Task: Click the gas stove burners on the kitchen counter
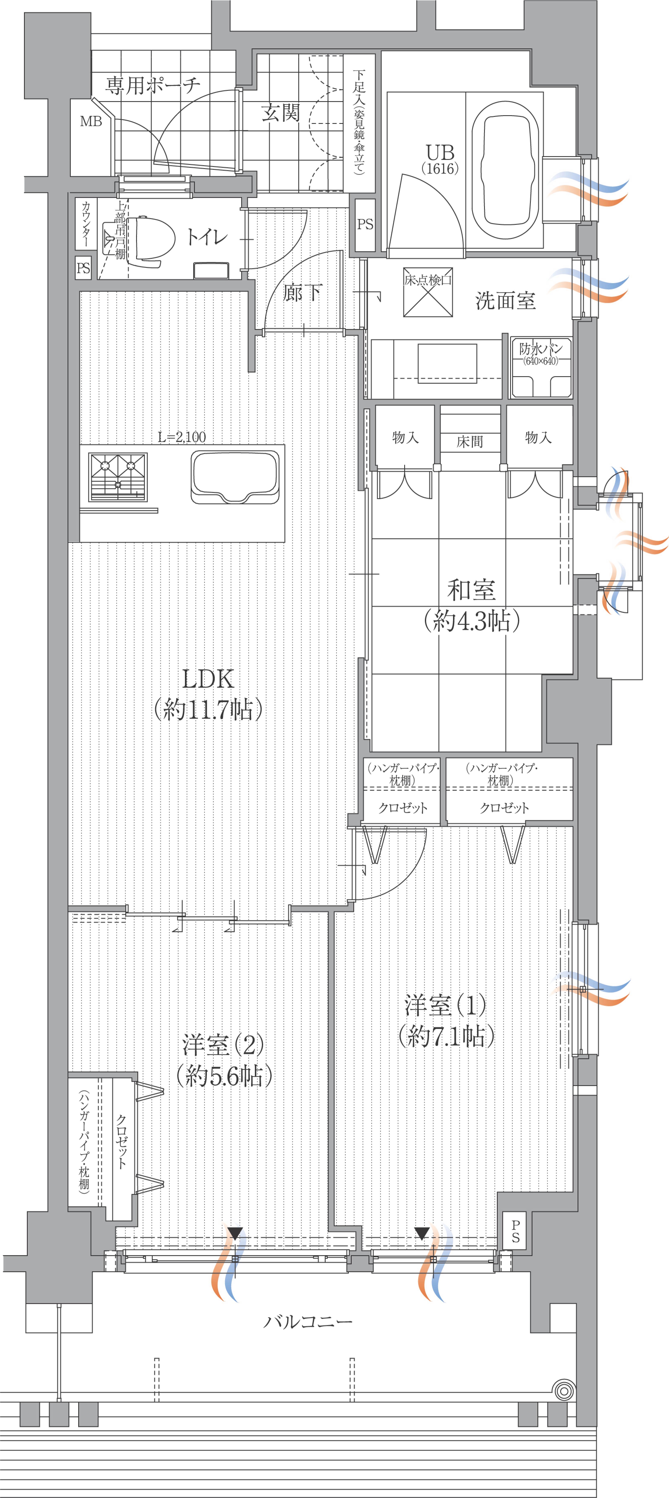click(117, 476)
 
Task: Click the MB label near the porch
click(91, 122)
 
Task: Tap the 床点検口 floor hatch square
click(428, 292)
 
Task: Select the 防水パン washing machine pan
click(541, 368)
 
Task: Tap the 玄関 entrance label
click(280, 112)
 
